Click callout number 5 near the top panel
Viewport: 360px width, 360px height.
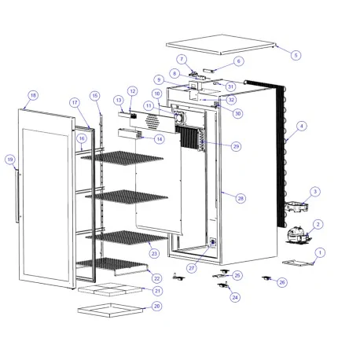click(x=296, y=55)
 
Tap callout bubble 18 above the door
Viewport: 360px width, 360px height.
click(x=32, y=95)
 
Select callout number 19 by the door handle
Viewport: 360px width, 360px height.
click(x=9, y=160)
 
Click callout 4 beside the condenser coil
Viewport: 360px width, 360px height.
click(x=302, y=126)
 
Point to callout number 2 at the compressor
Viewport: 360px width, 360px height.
click(x=318, y=224)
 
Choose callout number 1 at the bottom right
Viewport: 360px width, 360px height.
click(x=319, y=252)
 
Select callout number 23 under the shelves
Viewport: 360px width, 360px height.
click(x=154, y=253)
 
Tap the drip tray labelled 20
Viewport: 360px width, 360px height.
click(x=110, y=307)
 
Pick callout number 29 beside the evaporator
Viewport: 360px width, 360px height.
click(x=237, y=146)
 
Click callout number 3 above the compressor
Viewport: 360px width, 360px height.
click(x=314, y=191)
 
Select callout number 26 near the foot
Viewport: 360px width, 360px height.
click(x=283, y=281)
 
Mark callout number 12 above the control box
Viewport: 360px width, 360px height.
click(x=132, y=91)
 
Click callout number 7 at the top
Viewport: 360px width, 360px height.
click(x=181, y=59)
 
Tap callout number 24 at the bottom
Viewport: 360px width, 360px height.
click(x=234, y=297)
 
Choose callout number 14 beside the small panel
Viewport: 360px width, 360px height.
click(x=160, y=139)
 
